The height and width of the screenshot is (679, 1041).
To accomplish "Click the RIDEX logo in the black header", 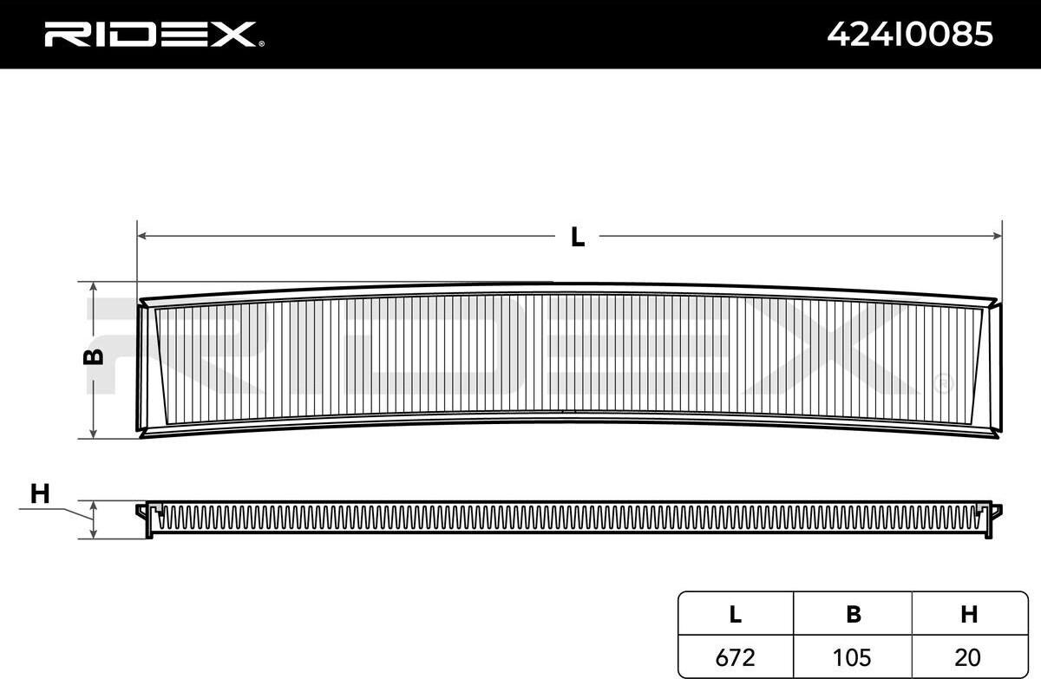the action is point(150,35).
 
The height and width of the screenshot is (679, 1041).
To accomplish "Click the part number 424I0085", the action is point(910,35).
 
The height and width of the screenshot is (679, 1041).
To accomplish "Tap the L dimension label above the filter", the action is point(578,237).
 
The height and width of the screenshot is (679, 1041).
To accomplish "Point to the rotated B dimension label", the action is point(93,356).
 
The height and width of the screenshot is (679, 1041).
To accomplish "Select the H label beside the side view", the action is point(40,493).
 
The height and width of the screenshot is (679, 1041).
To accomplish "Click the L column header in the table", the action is point(736,614).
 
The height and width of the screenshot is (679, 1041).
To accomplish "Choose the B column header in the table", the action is point(854,614).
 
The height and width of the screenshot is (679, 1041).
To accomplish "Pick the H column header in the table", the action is point(969,614).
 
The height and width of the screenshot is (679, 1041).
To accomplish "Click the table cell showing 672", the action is point(736,657).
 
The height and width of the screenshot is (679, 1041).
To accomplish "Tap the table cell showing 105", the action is point(851,657).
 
